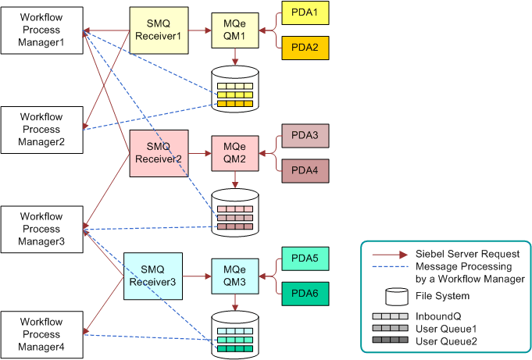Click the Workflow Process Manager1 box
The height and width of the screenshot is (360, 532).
(41, 30)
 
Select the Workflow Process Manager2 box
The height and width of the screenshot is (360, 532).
(41, 130)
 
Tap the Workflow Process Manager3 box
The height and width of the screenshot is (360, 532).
(41, 230)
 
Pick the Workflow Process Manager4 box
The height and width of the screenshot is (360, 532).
(41, 335)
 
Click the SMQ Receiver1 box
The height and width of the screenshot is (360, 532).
(159, 30)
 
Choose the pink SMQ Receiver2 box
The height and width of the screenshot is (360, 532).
(159, 153)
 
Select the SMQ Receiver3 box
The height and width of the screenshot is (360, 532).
(153, 276)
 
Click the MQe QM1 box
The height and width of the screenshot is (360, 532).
(235, 30)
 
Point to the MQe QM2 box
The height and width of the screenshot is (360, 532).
(235, 153)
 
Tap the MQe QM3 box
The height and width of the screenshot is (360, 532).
(235, 276)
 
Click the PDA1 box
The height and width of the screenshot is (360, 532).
(305, 13)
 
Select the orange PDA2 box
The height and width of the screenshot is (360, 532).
(305, 48)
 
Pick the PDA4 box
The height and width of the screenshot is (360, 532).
(305, 171)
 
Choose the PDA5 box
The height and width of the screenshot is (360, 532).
(305, 258)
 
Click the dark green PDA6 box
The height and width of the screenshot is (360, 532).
(305, 294)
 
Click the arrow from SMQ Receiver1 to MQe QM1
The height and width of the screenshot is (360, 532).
(200, 30)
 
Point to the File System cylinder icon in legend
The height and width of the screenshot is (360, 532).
(397, 297)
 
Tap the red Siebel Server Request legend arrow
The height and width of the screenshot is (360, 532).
(390, 255)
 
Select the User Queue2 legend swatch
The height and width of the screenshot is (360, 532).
(390, 340)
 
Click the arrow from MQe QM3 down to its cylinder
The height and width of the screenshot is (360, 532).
(235, 302)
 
